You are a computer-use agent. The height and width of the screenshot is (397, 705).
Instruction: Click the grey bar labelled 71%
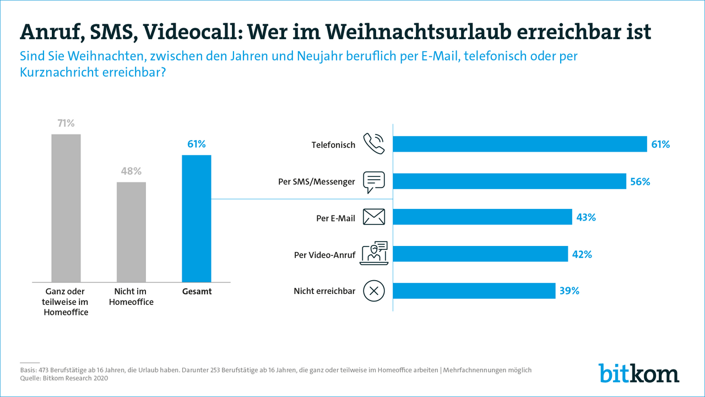tap(66, 208)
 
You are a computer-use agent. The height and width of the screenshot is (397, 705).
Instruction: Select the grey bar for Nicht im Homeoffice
tap(131, 232)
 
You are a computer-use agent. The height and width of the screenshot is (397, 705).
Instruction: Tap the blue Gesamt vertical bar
tap(197, 218)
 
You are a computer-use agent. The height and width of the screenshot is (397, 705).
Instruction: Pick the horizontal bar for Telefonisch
tap(520, 144)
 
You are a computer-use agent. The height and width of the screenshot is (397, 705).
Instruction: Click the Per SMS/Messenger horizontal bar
tap(509, 181)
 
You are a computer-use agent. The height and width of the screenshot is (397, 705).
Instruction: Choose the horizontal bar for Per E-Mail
tap(482, 217)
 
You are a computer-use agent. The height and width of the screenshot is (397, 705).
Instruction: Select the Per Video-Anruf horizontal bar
tap(480, 254)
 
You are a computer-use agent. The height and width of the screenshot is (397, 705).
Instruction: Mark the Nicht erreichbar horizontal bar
tap(474, 291)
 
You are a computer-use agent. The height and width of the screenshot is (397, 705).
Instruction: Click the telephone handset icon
tap(374, 144)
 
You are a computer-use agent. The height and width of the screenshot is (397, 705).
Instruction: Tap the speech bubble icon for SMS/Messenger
tap(374, 181)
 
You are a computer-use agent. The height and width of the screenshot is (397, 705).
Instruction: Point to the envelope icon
tap(374, 217)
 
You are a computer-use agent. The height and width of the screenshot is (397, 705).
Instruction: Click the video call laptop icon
tap(374, 254)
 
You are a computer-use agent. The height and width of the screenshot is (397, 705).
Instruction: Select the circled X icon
tap(374, 291)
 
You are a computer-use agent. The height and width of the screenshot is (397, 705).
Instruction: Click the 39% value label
tap(570, 291)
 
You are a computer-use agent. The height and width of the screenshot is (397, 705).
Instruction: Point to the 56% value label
tap(640, 181)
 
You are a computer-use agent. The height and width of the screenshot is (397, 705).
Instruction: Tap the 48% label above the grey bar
tap(131, 171)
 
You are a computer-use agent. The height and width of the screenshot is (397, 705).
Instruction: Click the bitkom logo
tap(639, 373)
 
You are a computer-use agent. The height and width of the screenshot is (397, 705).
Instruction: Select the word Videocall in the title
tap(188, 32)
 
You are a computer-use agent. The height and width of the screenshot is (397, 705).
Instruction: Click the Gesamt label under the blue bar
tap(197, 291)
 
